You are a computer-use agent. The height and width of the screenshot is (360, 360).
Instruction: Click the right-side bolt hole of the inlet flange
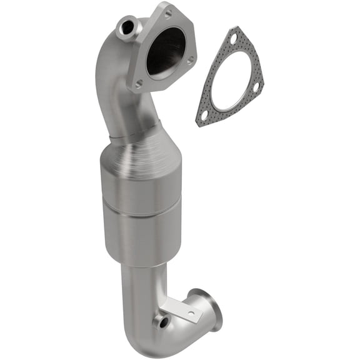click(191, 60)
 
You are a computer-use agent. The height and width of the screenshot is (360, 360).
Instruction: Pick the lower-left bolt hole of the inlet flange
click(139, 82)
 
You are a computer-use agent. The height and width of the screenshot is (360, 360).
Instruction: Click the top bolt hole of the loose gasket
click(233, 39)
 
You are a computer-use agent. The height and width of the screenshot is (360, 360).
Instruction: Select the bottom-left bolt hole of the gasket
click(202, 114)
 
